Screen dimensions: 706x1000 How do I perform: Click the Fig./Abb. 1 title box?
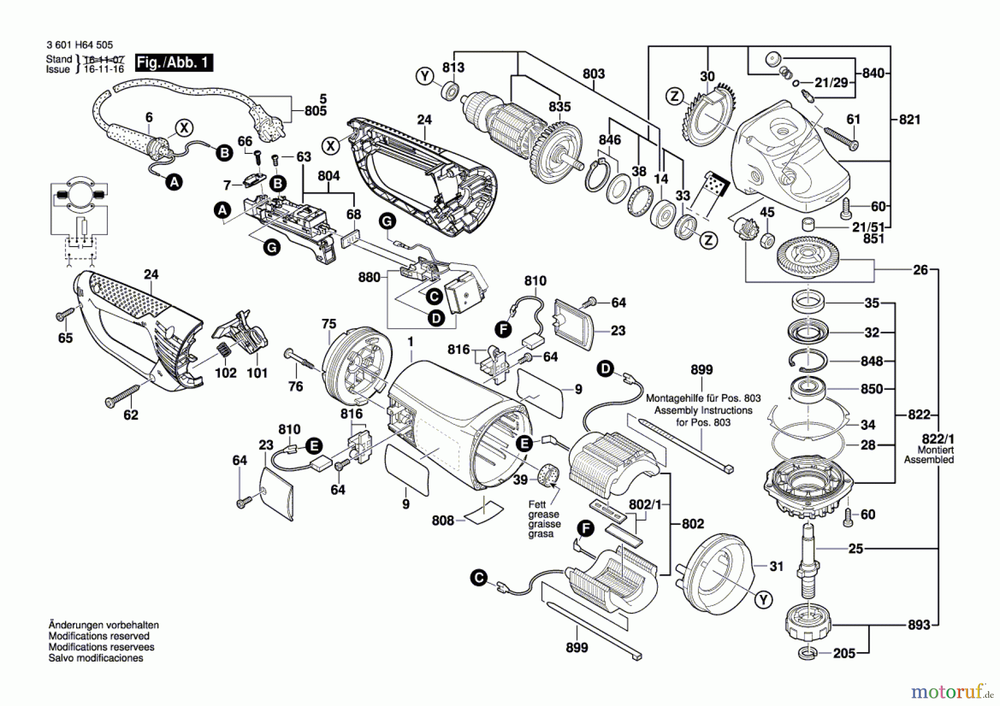tap(174, 62)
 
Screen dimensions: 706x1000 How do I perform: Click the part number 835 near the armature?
tap(559, 106)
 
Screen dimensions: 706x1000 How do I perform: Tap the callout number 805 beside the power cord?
tap(316, 111)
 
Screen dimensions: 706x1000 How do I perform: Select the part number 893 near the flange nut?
tap(919, 625)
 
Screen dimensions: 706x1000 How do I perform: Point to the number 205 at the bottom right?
tap(844, 653)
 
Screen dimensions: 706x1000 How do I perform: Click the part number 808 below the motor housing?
tap(443, 520)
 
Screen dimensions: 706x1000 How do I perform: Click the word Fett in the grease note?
tap(537, 504)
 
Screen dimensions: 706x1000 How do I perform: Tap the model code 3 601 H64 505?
tap(80, 45)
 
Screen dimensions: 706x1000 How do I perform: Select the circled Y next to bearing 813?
tap(425, 76)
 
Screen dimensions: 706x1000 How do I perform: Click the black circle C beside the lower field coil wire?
tap(478, 578)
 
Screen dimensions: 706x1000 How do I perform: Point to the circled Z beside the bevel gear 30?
tap(674, 96)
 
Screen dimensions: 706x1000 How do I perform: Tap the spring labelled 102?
tap(223, 352)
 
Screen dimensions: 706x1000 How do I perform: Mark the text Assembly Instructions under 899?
tap(703, 410)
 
